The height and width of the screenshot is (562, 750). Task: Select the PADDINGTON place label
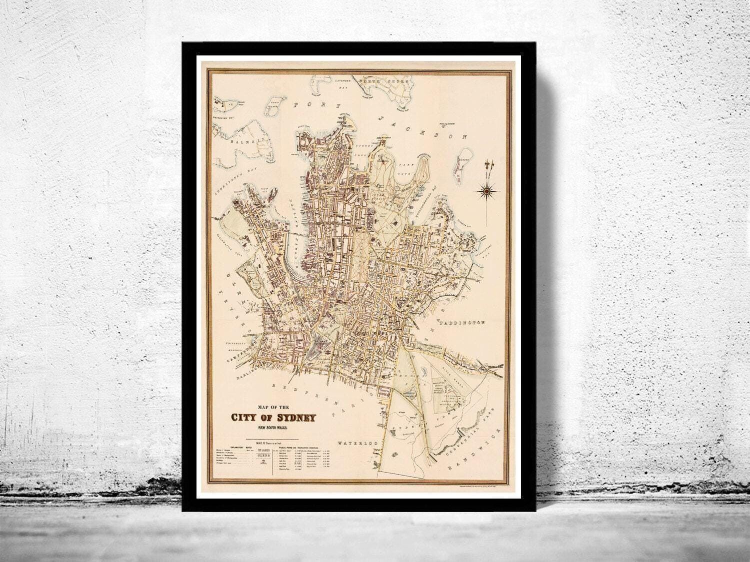[463, 323]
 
